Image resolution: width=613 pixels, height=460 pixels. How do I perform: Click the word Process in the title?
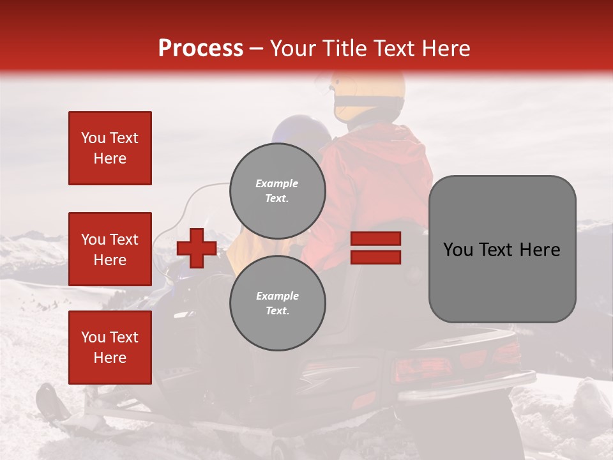coord(201,49)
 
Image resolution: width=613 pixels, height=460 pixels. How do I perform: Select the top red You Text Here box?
coord(110,148)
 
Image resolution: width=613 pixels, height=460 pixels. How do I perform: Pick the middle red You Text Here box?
coord(110,249)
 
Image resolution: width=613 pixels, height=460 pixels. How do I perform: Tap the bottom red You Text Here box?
coord(110,347)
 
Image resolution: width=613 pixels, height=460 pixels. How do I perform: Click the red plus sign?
coord(197,248)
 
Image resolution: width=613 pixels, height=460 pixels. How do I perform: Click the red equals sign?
coord(375,248)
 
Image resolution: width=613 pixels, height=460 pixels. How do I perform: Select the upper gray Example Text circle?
coord(277,191)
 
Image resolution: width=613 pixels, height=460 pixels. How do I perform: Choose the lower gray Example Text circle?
coord(277,303)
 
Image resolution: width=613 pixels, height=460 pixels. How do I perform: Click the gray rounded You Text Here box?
coord(502,249)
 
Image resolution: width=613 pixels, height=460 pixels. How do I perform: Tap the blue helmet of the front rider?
coord(300,128)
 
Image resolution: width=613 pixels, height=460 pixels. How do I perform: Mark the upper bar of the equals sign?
coord(375,239)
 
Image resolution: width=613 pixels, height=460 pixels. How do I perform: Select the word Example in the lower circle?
coord(277,296)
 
